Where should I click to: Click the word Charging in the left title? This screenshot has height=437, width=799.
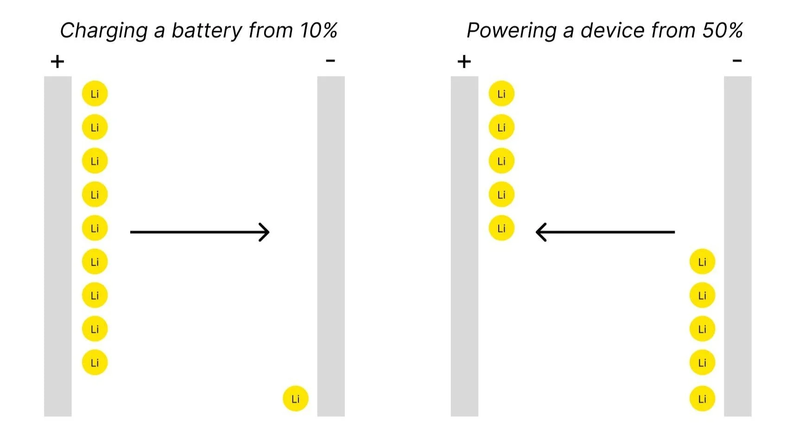(104, 31)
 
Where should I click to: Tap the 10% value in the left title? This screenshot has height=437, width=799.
(318, 31)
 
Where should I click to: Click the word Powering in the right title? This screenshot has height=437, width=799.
(511, 31)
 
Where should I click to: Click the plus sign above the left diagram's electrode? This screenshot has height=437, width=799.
(57, 61)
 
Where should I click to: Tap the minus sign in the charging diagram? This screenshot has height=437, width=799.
(330, 60)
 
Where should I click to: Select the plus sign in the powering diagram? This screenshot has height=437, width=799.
(464, 61)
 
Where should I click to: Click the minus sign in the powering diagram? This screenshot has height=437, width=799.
(737, 60)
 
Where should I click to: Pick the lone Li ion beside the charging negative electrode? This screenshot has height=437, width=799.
(296, 399)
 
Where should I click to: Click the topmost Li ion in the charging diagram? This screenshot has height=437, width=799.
(95, 94)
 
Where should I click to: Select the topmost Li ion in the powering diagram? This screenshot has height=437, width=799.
(501, 94)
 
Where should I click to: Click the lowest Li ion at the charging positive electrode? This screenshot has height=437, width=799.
(95, 362)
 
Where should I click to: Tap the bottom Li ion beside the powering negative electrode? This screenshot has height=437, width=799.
(702, 399)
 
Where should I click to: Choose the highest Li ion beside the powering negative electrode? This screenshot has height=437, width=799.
(702, 262)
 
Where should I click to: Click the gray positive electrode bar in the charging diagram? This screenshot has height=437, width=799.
(58, 246)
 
